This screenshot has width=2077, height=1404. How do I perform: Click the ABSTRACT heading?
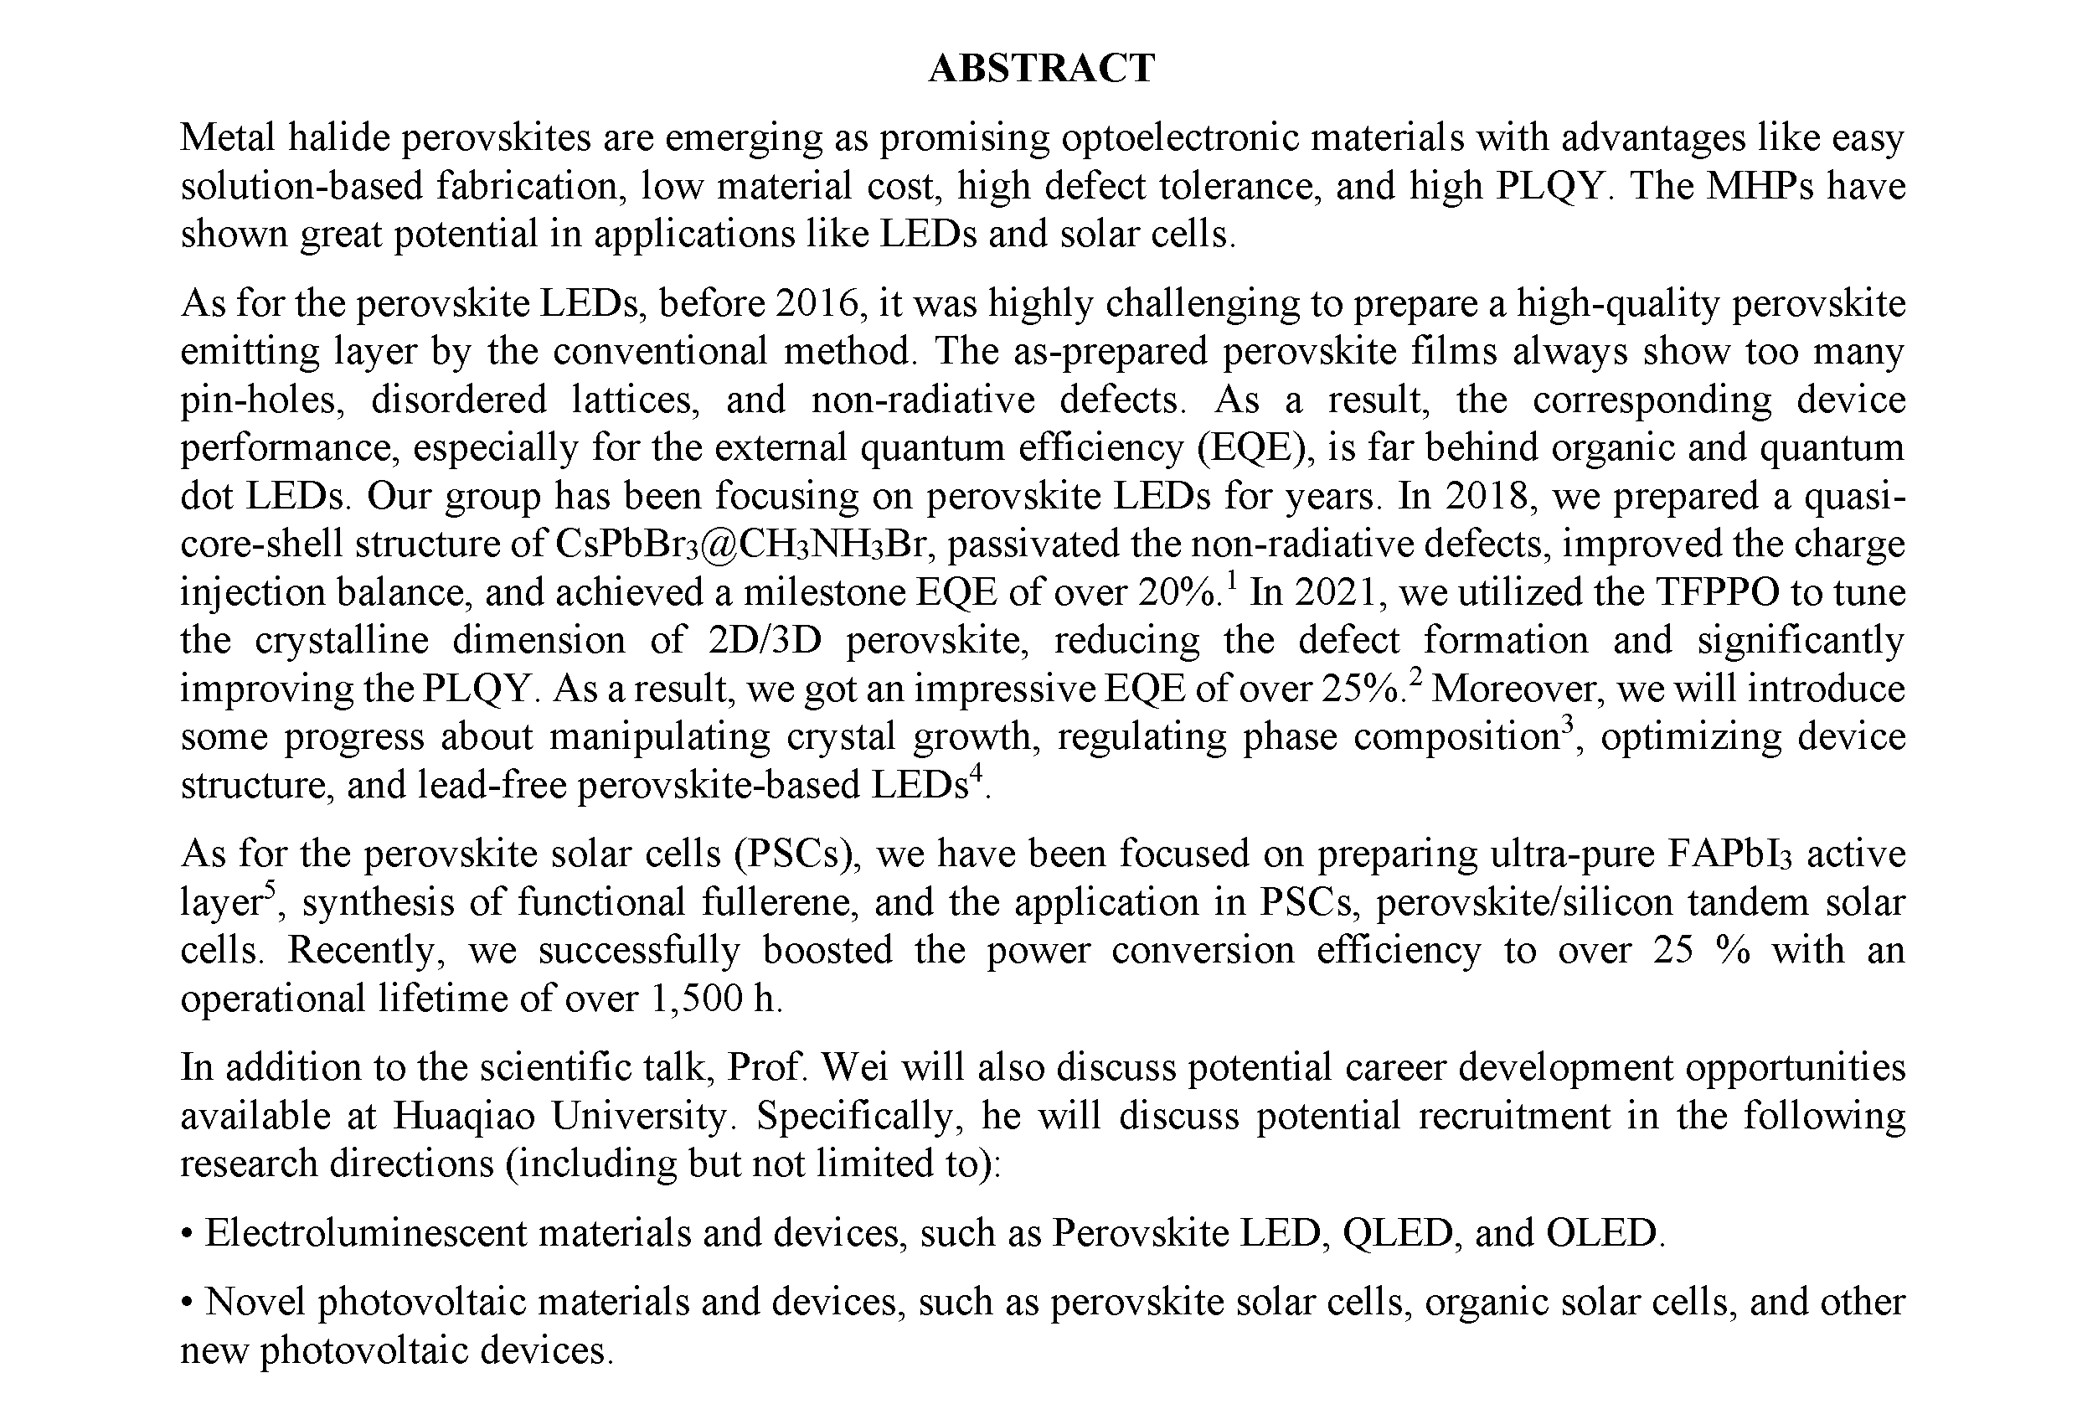point(1041,68)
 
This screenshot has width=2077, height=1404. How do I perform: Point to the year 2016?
point(817,303)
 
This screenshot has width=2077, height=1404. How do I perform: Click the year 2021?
point(1335,592)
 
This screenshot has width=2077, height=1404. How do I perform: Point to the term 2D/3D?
point(764,641)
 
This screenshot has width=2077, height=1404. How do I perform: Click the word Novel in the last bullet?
point(255,1302)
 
